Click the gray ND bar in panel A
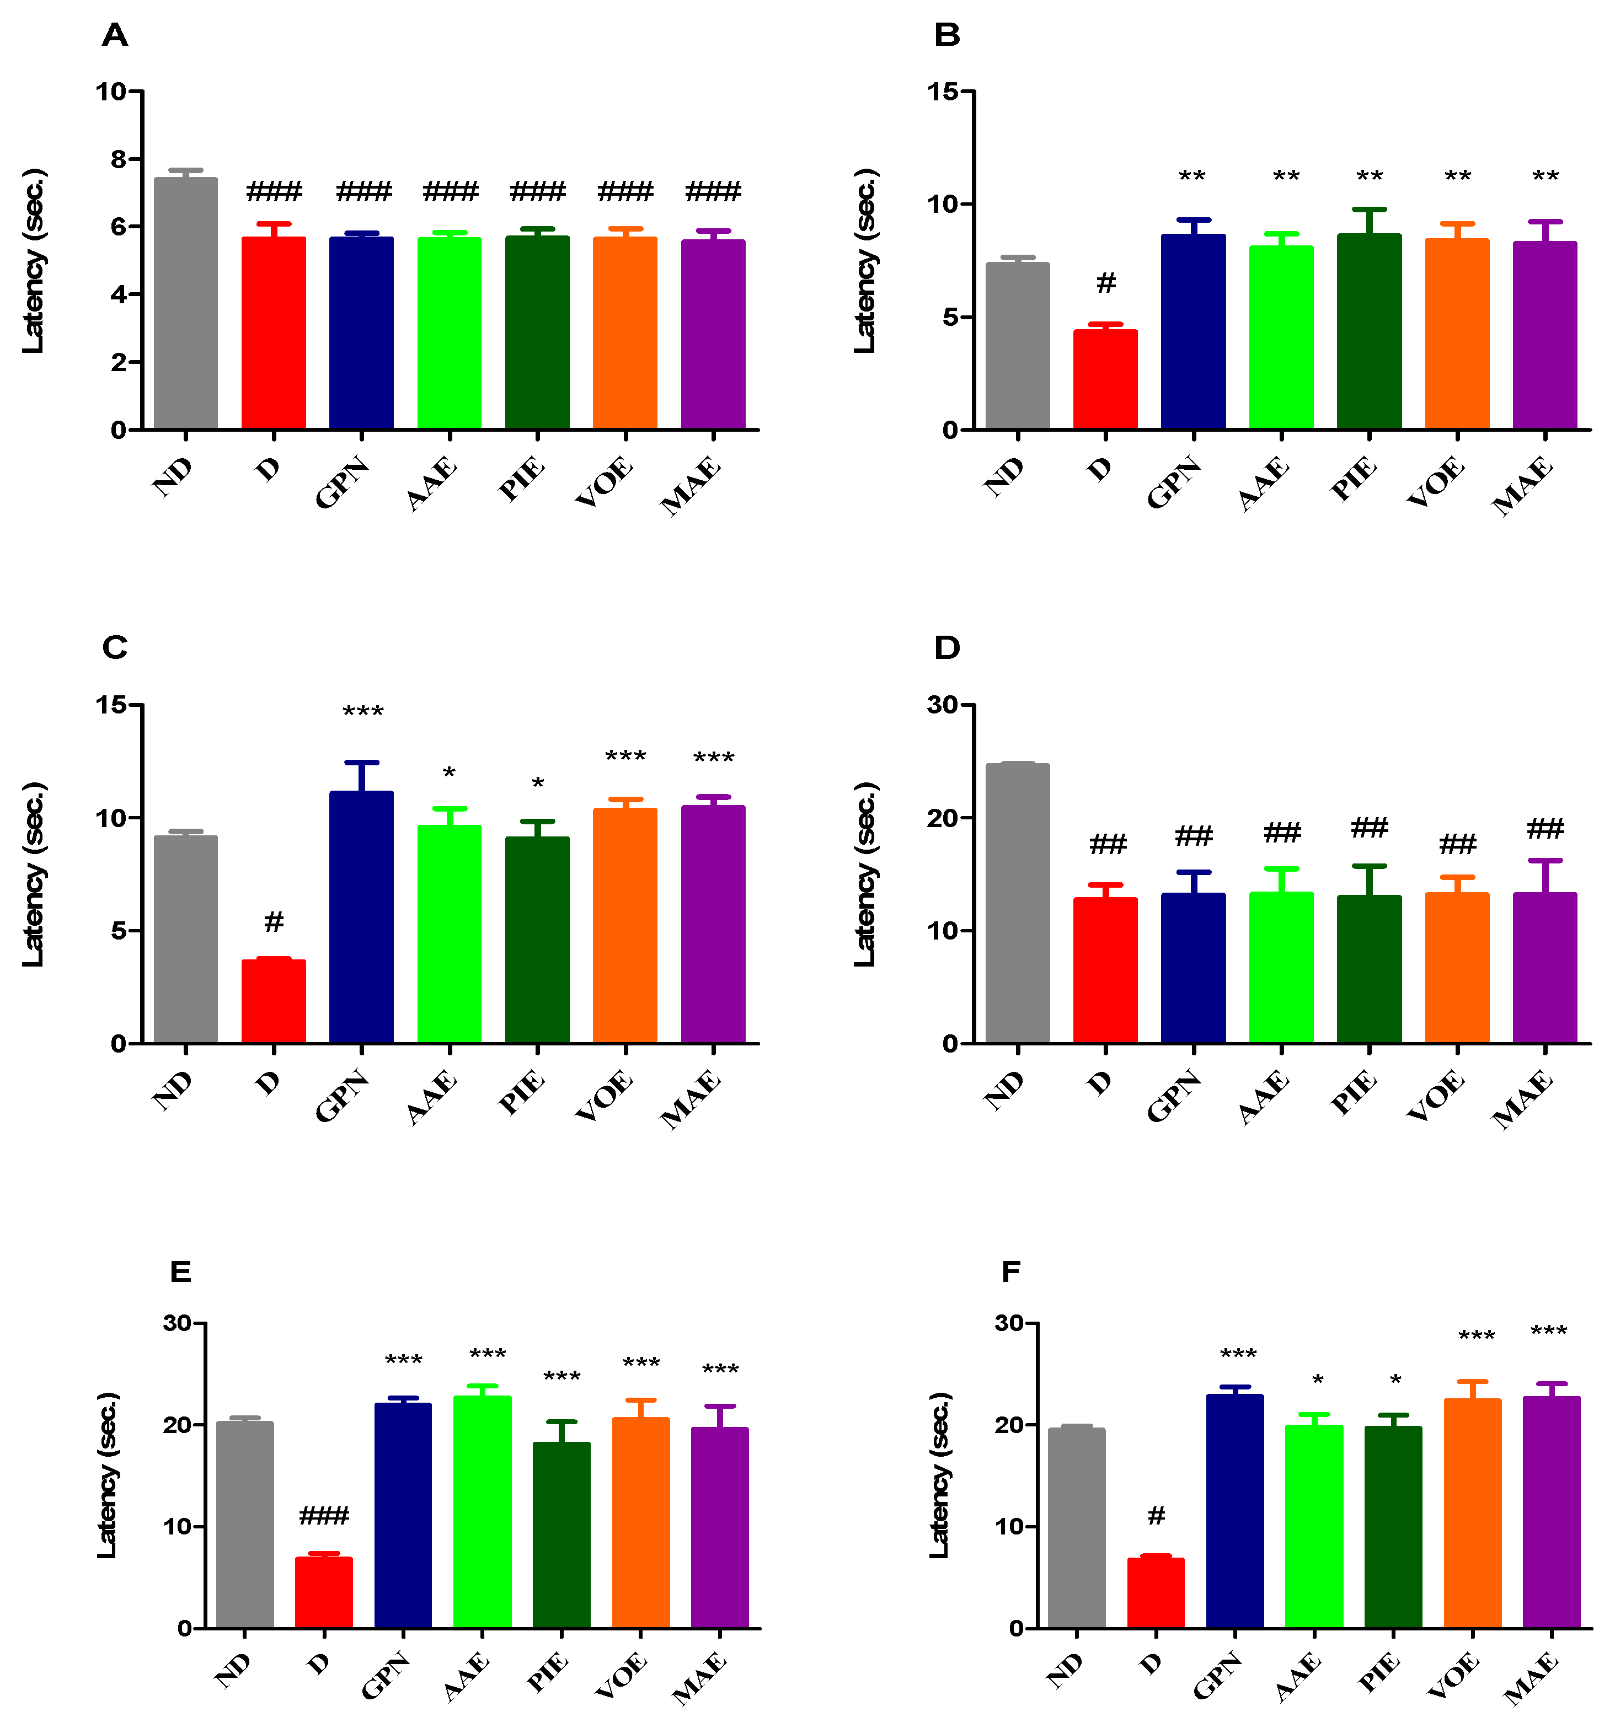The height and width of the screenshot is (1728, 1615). (x=185, y=304)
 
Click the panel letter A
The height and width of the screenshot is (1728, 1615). (x=115, y=36)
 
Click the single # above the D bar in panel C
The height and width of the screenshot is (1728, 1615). (x=274, y=921)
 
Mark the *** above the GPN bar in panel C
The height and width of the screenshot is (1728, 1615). (x=362, y=713)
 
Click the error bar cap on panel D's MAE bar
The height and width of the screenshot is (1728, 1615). (x=1546, y=861)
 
